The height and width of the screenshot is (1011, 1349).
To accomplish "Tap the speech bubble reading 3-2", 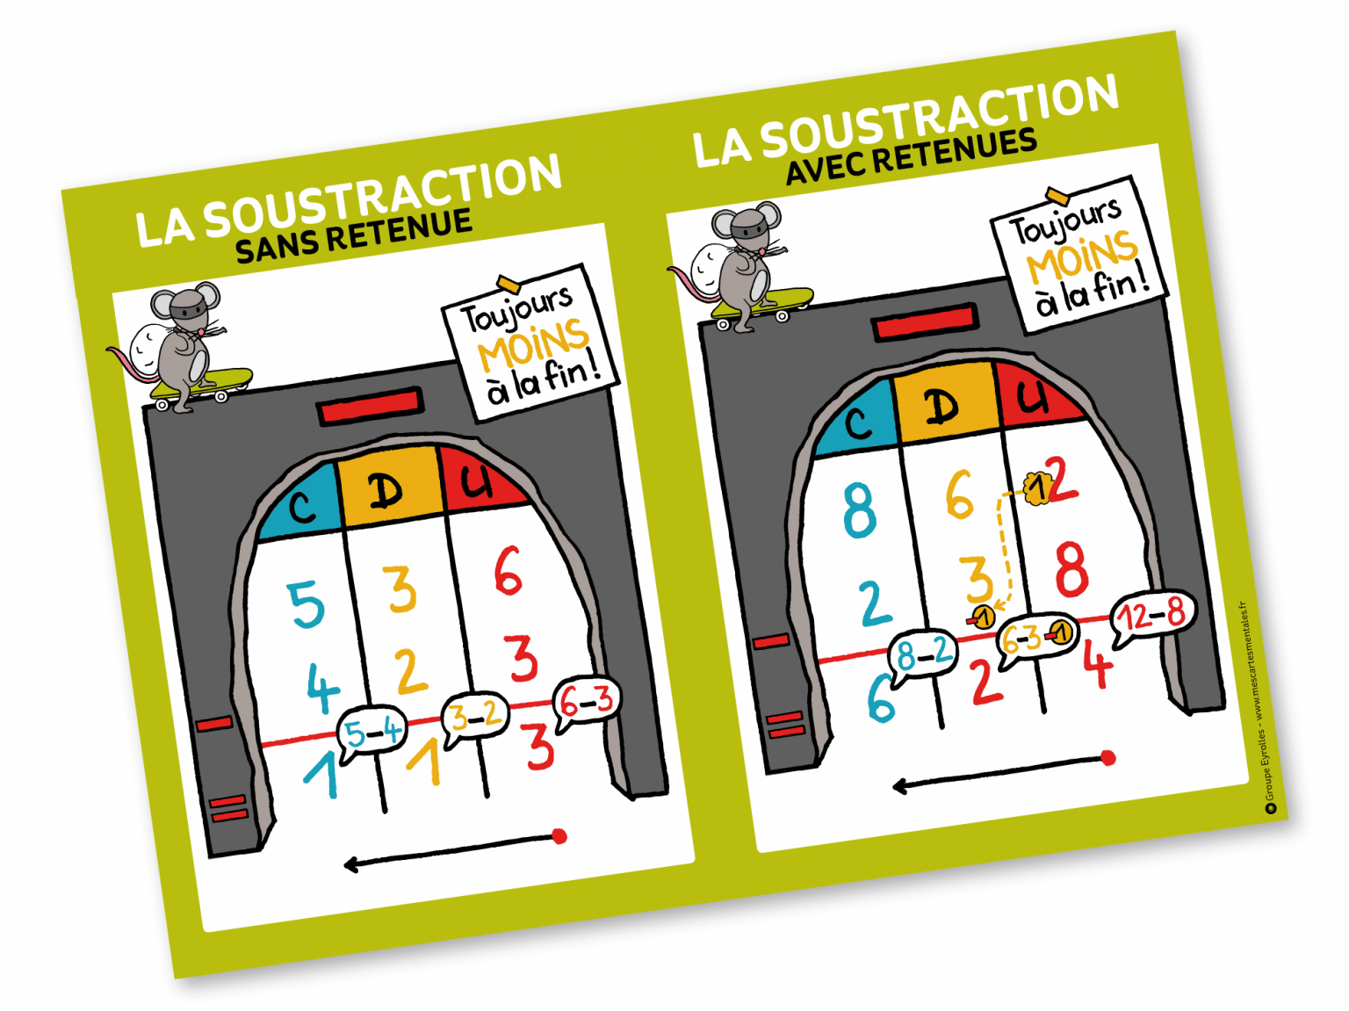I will click(x=475, y=716).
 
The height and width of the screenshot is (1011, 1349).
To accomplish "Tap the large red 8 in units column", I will click(x=1071, y=568).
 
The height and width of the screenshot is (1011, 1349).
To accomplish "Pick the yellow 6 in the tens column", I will click(x=959, y=495).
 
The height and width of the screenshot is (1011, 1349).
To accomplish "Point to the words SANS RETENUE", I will click(x=353, y=235).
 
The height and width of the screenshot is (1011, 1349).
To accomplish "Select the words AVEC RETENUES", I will click(x=911, y=156).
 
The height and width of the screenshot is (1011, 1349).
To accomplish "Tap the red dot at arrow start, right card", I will click(x=1108, y=757).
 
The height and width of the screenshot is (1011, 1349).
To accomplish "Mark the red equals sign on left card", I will click(x=228, y=808).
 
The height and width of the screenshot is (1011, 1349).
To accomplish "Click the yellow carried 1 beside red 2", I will click(x=1037, y=487).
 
